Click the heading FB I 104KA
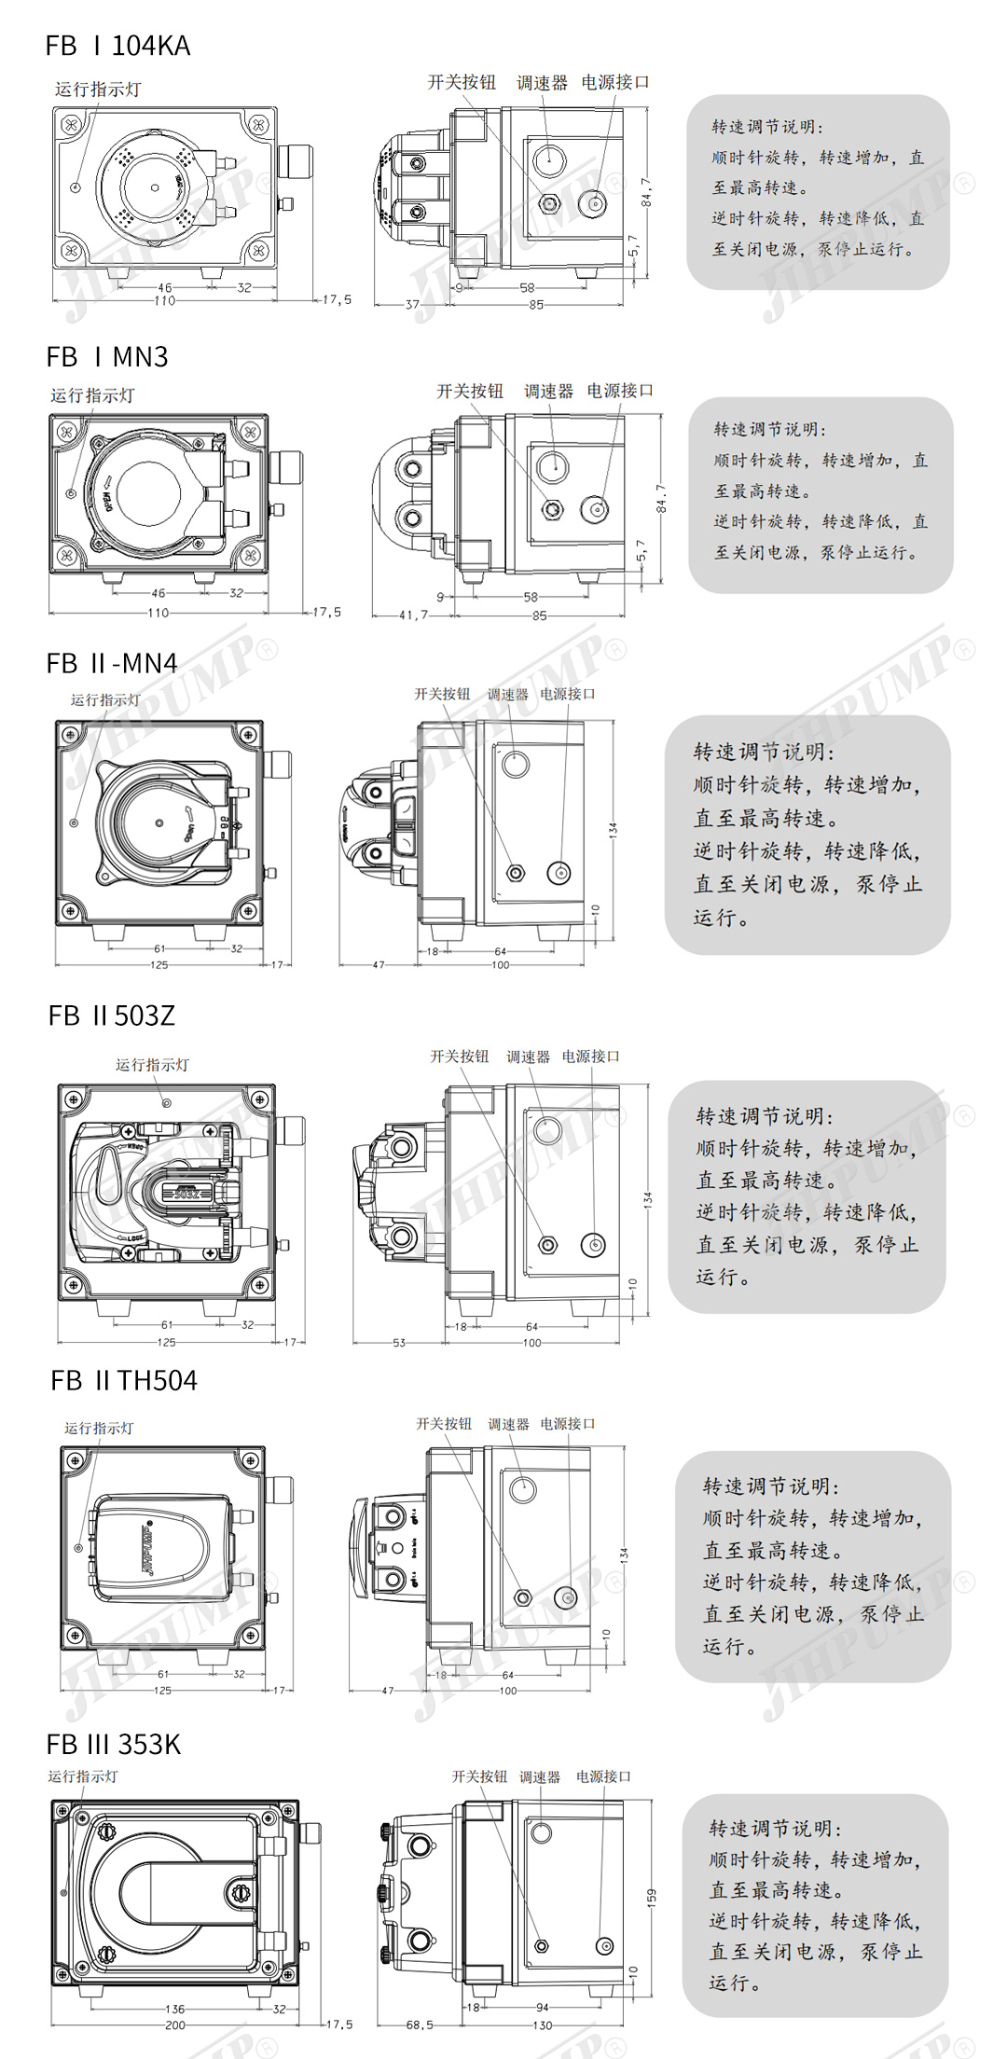click(x=117, y=46)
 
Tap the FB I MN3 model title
click(x=107, y=357)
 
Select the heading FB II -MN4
click(x=111, y=663)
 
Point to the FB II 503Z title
click(x=112, y=1016)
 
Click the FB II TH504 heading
click(x=124, y=1380)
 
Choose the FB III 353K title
click(x=114, y=1744)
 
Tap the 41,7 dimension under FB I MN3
click(x=413, y=615)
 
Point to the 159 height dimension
click(x=651, y=1897)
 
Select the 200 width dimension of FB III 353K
click(x=174, y=2024)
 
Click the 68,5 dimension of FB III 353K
click(x=420, y=2024)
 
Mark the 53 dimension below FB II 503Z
click(x=399, y=1343)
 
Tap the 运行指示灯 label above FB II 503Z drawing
click(x=152, y=1065)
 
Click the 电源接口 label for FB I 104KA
click(x=614, y=82)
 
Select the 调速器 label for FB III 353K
click(x=540, y=1777)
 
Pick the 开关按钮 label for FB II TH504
click(x=444, y=1424)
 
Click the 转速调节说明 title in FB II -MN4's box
click(x=764, y=752)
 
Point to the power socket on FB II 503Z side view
click(x=593, y=1244)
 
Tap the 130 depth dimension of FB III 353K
click(x=542, y=2025)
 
